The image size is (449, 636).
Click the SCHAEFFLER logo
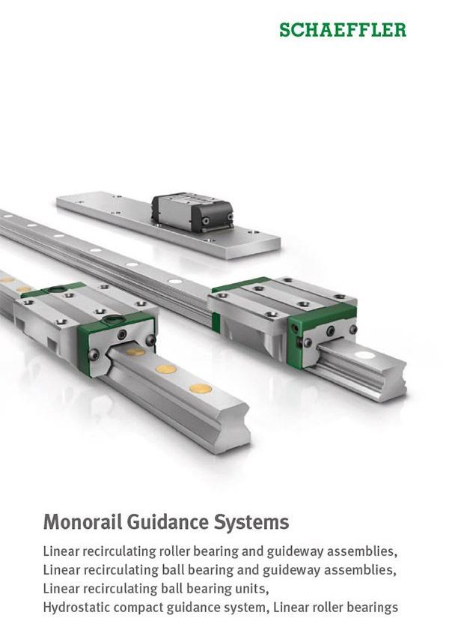[x=343, y=30]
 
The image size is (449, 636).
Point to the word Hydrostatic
[x=76, y=608]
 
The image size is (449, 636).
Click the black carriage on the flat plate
[x=192, y=212]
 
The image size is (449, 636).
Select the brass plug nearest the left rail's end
[x=201, y=389]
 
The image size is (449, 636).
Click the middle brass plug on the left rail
[x=166, y=369]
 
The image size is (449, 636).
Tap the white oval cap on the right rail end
[x=364, y=355]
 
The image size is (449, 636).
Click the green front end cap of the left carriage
[x=116, y=342]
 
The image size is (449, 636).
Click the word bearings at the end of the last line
[x=370, y=608]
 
